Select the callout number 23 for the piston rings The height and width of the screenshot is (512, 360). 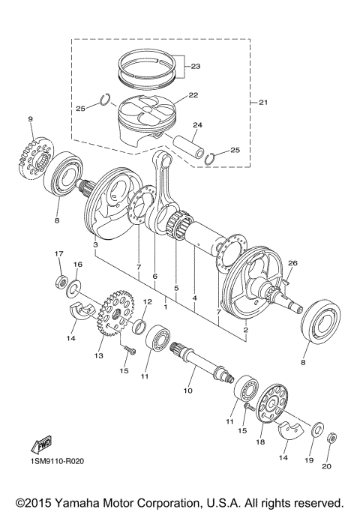point(196,67)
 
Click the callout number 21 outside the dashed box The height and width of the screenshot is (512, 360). point(262,102)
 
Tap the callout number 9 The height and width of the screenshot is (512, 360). point(31,119)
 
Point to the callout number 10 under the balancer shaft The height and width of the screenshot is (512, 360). point(187,390)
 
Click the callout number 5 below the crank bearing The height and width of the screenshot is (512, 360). point(176,287)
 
